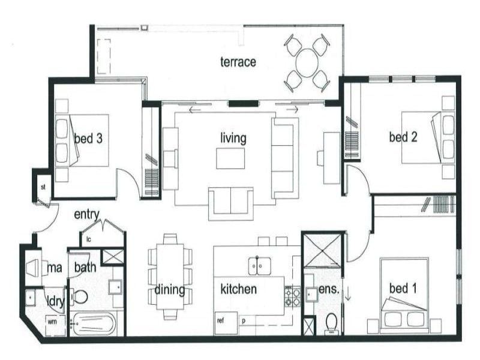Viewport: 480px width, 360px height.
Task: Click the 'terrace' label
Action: pos(238,62)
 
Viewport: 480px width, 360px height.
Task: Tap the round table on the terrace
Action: pos(306,62)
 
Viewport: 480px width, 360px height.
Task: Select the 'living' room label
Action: pos(233,139)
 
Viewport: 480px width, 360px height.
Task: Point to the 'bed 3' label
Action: pos(88,139)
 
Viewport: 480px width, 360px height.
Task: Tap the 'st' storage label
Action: pos(43,187)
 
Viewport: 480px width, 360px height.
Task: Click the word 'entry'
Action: pos(86,214)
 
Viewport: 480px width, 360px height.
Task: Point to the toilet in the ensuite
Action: pos(330,325)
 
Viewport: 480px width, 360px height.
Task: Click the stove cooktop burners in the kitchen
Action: pos(293,296)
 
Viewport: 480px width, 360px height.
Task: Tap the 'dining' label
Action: pos(170,290)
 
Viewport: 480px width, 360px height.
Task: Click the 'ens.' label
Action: pos(330,289)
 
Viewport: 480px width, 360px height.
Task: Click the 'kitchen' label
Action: pos(239,289)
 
